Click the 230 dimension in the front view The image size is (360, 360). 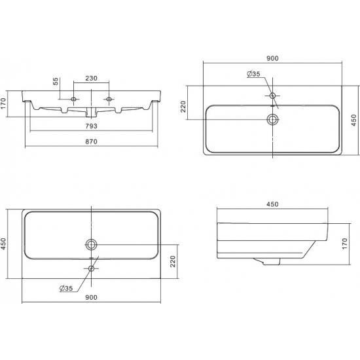click(92, 79)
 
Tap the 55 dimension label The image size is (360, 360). click(56, 81)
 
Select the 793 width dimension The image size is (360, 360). click(92, 126)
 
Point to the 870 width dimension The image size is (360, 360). click(92, 141)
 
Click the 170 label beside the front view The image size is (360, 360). click(3, 103)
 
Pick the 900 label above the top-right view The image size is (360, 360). click(272, 58)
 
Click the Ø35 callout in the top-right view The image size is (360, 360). click(253, 74)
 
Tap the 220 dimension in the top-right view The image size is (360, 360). click(183, 107)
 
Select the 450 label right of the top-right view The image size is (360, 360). click(354, 120)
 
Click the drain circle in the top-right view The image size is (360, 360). click(272, 119)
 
